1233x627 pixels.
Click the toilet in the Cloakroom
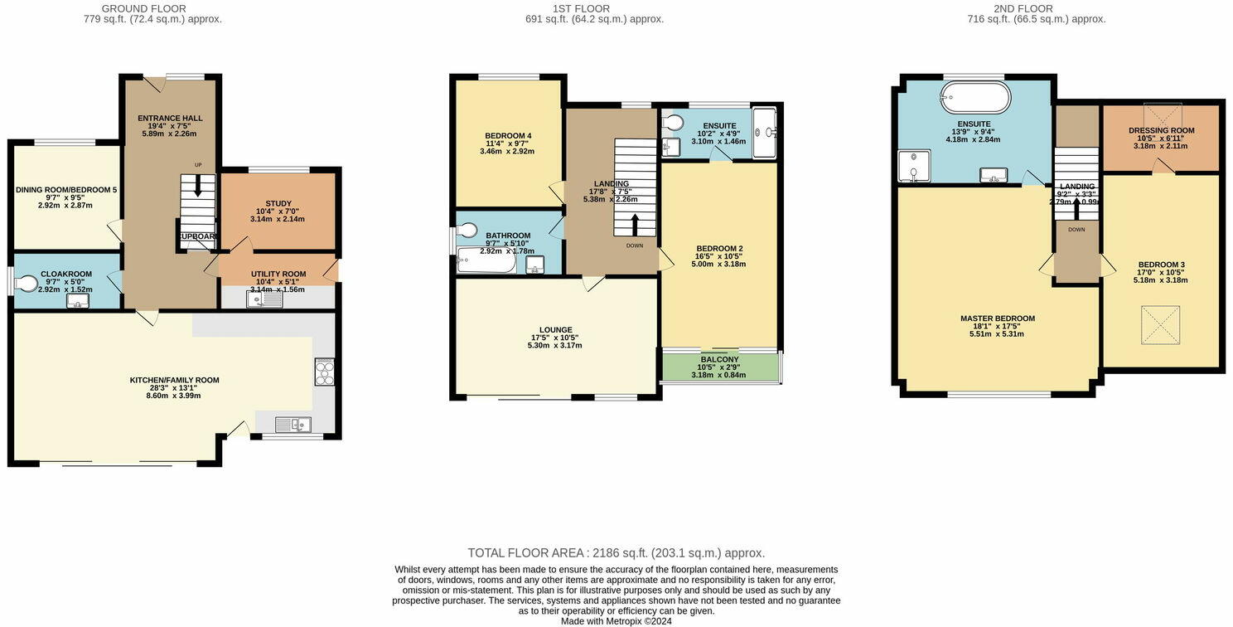click(x=27, y=284)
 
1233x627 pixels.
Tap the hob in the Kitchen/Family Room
click(x=324, y=372)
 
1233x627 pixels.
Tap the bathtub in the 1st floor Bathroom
click(x=486, y=262)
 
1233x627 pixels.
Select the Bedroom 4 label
click(x=508, y=136)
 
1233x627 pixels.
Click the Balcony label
click(x=719, y=359)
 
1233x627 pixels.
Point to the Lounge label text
click(x=554, y=330)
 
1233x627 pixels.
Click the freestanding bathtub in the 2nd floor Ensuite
click(x=975, y=97)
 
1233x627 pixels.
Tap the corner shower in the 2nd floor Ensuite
click(x=914, y=166)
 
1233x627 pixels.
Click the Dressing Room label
click(x=1161, y=131)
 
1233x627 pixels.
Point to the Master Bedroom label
click(x=997, y=318)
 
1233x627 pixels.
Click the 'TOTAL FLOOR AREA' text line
click(x=616, y=553)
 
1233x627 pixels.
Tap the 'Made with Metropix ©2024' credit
click(x=616, y=620)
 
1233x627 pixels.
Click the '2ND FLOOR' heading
click(x=1037, y=8)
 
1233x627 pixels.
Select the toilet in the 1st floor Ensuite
click(x=674, y=123)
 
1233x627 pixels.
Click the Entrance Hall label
click(x=170, y=119)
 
